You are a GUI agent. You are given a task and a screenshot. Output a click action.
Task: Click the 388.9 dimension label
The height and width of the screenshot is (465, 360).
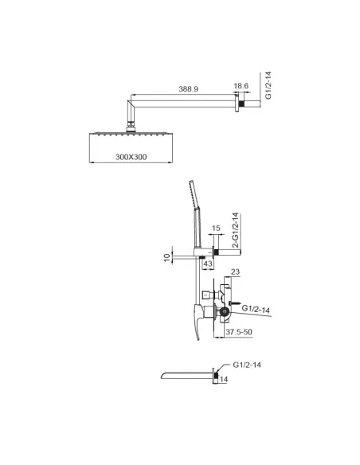coord(188,89)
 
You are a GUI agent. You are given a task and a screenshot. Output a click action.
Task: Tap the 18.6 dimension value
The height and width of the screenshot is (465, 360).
coord(241,86)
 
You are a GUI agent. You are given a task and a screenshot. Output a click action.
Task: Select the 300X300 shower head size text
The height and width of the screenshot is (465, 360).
coord(131,157)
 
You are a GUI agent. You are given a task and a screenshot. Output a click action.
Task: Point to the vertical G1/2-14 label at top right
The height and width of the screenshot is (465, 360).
coord(268,85)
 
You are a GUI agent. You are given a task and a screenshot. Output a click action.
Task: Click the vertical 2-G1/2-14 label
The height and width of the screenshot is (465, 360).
coord(236,230)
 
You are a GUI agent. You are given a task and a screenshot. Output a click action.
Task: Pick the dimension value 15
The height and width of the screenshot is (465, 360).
coord(216,228)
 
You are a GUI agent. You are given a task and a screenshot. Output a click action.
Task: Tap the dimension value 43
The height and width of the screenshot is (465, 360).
coord(208,264)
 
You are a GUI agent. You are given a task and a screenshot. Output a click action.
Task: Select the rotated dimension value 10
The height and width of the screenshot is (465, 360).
coord(167,257)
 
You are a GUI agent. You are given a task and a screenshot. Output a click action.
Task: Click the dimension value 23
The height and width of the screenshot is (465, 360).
coord(235,272)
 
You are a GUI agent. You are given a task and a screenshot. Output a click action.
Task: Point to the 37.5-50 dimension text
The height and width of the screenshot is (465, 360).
coord(239,331)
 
